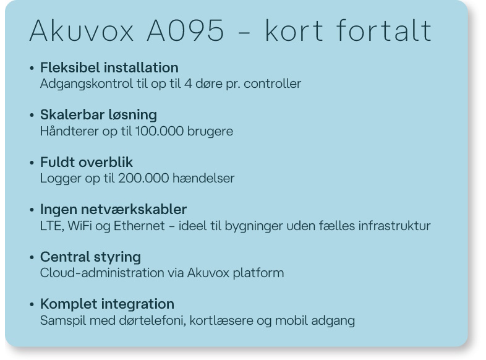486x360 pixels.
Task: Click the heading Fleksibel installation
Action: tap(109, 67)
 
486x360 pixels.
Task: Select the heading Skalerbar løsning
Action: tap(98, 114)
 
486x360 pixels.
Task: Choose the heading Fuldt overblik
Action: tap(87, 162)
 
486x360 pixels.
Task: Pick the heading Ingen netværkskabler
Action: tap(113, 210)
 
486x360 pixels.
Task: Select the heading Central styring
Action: tap(90, 257)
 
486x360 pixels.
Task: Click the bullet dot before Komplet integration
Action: tap(32, 305)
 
